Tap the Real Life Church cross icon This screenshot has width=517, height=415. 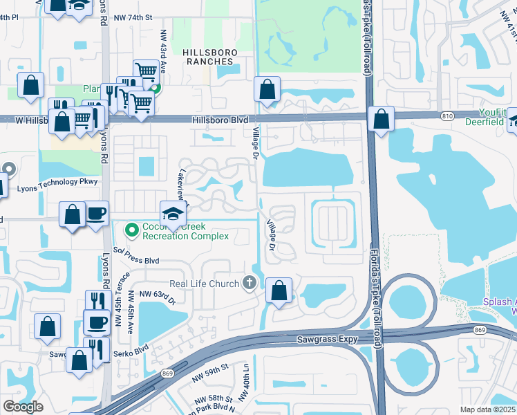coord(249,282)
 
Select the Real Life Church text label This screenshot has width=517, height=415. coord(205,284)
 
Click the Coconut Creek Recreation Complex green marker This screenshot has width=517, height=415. coord(130,228)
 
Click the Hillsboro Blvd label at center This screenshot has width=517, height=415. coord(220,120)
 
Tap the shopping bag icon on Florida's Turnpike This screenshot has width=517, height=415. coord(381,118)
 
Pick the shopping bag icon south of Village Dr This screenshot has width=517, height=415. coord(279,291)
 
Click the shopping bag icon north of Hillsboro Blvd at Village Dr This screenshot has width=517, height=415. coord(267,89)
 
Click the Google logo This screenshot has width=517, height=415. coord(22,407)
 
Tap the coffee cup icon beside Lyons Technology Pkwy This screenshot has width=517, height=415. coord(96,213)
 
